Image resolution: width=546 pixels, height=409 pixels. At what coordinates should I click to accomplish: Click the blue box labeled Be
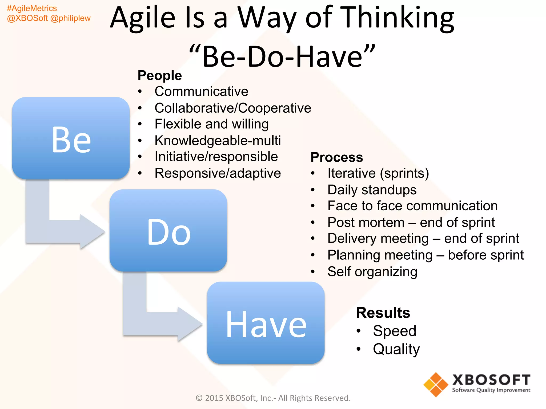pyautogui.click(x=71, y=138)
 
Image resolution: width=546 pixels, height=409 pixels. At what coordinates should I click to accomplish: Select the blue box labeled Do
pyautogui.click(x=168, y=231)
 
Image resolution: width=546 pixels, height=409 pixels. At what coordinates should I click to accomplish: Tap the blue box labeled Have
pyautogui.click(x=266, y=323)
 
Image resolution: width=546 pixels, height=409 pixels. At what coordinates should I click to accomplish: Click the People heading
pyautogui.click(x=160, y=75)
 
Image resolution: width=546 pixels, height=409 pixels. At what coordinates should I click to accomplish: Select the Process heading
pyautogui.click(x=337, y=157)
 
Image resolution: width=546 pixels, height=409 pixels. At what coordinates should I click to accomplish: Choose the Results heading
pyautogui.click(x=383, y=313)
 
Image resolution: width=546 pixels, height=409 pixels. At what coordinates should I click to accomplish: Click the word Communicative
pyautogui.click(x=201, y=92)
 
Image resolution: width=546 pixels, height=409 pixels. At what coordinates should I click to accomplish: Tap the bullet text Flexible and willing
pyautogui.click(x=211, y=124)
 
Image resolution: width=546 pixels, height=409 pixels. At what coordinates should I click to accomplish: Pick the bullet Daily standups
pyautogui.click(x=372, y=190)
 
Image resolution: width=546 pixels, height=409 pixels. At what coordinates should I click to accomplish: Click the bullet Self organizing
pyautogui.click(x=372, y=272)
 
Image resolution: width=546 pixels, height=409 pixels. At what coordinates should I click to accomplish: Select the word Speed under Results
pyautogui.click(x=394, y=331)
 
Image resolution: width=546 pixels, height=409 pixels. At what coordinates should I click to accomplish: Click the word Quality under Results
pyautogui.click(x=396, y=349)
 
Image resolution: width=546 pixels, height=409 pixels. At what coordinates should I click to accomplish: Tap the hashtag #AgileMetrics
pyautogui.click(x=32, y=9)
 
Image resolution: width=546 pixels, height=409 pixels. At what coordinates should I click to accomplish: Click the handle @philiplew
pyautogui.click(x=70, y=18)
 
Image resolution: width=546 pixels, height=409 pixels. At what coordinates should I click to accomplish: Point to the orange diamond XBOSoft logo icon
pyautogui.click(x=436, y=385)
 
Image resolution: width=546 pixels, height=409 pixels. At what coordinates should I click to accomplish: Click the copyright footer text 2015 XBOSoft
pyautogui.click(x=273, y=398)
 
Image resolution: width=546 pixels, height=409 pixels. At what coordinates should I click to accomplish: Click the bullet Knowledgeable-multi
pyautogui.click(x=218, y=141)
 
